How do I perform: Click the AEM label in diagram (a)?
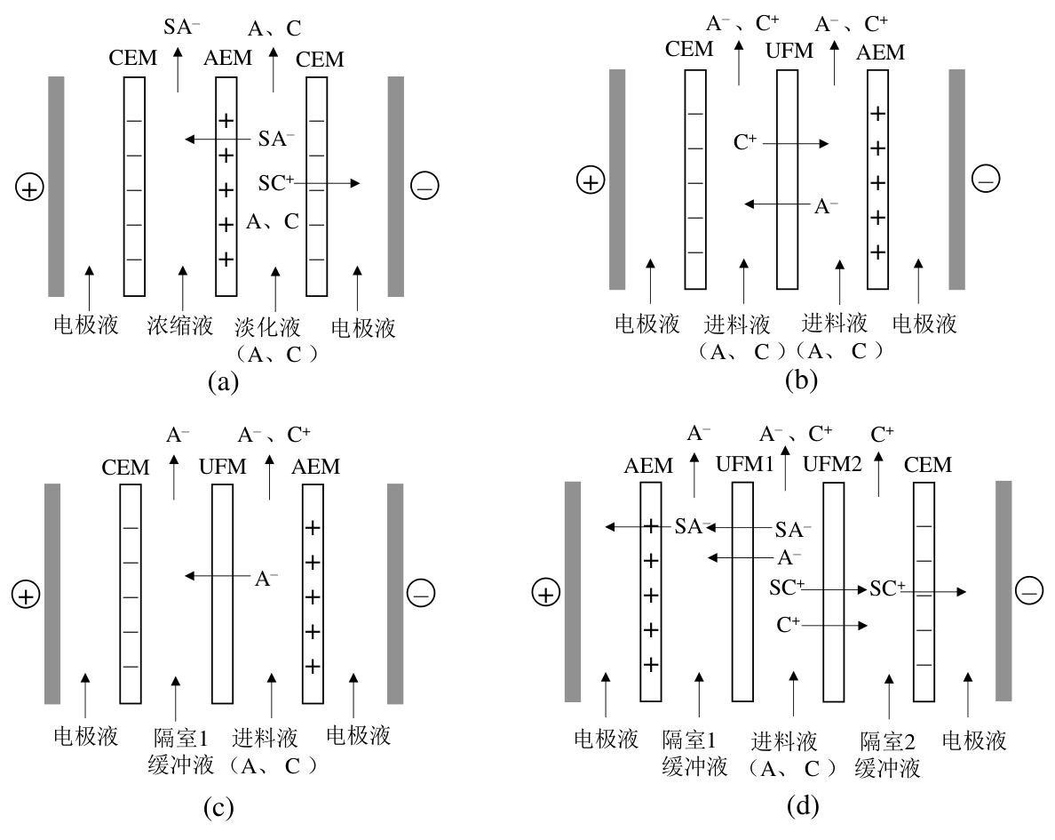point(227,59)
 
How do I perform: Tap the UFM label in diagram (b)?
point(789,52)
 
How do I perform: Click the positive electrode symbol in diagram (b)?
point(590,181)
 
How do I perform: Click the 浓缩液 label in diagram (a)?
point(180,327)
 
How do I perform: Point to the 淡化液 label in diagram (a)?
point(274,327)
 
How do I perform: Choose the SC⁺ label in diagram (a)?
point(276,183)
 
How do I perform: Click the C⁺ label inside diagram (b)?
point(745,142)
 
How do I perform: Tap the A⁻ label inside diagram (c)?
point(266,579)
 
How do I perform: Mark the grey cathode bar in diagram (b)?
point(956,180)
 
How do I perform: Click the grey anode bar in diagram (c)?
point(52,593)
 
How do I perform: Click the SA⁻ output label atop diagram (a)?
point(181,28)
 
